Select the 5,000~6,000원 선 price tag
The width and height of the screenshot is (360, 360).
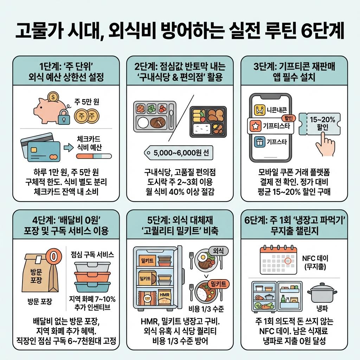[177, 153]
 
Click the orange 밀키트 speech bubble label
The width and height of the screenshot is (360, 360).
[219, 283]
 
